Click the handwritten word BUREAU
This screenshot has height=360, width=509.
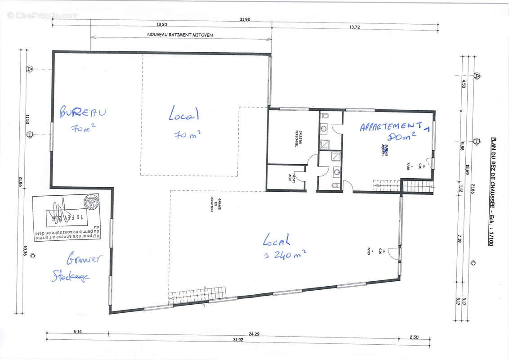[x=83, y=112]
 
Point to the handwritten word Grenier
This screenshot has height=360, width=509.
[x=84, y=259]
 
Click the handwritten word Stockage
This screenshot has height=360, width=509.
[x=71, y=275]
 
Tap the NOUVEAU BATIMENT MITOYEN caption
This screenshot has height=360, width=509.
[x=180, y=34]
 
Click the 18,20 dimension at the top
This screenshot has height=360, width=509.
[x=162, y=24]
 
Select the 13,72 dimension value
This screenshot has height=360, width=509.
[x=355, y=27]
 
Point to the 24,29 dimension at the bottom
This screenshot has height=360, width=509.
[x=254, y=333]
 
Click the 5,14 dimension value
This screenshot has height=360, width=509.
[x=77, y=332]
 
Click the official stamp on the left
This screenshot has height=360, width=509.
[x=67, y=217]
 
